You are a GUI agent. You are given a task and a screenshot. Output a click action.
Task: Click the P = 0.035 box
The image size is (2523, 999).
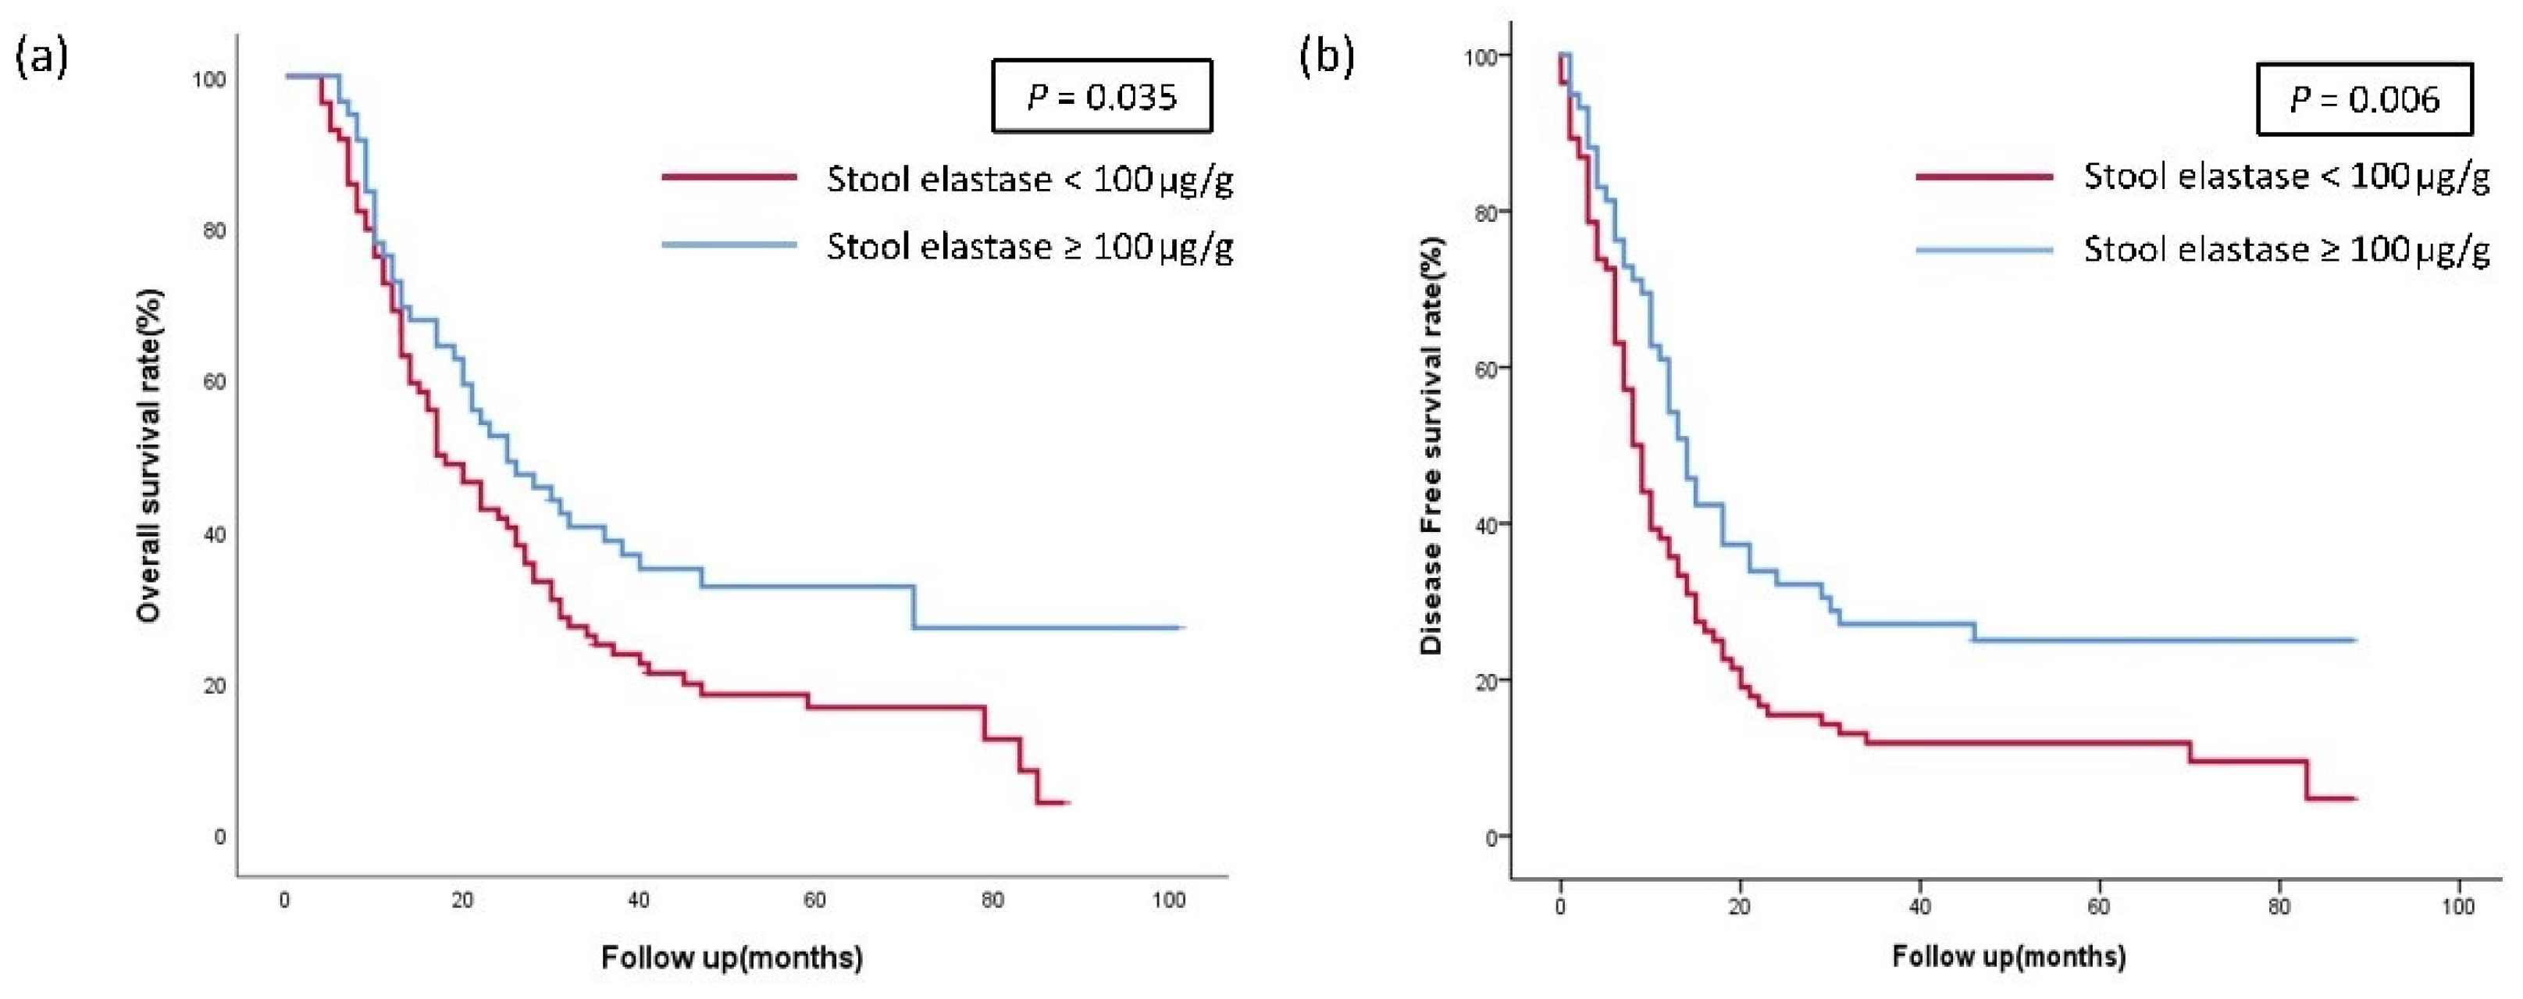point(1102,96)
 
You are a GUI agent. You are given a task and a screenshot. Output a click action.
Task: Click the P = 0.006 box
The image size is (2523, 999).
point(2364,99)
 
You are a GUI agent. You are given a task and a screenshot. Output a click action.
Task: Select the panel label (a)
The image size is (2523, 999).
point(41,59)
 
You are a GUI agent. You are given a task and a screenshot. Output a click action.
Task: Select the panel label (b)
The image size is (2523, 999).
point(1326,58)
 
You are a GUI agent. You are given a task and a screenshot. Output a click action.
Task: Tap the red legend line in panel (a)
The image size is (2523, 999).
point(729,177)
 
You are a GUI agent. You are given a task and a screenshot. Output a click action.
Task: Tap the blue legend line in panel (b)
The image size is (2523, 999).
point(1983,250)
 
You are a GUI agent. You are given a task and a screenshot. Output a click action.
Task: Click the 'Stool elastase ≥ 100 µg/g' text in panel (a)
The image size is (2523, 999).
point(1029,246)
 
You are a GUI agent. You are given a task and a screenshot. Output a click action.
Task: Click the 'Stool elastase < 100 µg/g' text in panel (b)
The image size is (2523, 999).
point(2286,177)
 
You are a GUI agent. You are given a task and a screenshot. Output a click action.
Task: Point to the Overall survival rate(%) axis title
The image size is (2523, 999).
point(149,455)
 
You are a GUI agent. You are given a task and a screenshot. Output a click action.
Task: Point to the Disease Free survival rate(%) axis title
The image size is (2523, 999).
point(1432,446)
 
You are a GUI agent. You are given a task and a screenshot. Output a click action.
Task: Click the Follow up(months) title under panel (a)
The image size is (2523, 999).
point(732,957)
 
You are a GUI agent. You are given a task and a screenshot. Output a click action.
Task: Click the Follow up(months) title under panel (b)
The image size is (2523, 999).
point(2008,956)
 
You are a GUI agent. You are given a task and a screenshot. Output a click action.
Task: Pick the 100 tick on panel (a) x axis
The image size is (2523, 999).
point(1168,900)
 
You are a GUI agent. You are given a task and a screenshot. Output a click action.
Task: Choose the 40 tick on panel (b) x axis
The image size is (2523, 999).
point(1919,907)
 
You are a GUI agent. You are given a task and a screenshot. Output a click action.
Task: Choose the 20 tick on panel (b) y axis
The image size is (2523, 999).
point(1487,680)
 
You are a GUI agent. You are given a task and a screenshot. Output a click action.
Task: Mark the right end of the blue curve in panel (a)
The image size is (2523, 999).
point(1183,627)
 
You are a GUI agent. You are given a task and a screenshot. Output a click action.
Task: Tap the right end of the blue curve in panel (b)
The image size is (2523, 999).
point(2354,640)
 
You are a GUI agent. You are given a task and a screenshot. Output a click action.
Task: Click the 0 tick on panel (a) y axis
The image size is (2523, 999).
point(219,837)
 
